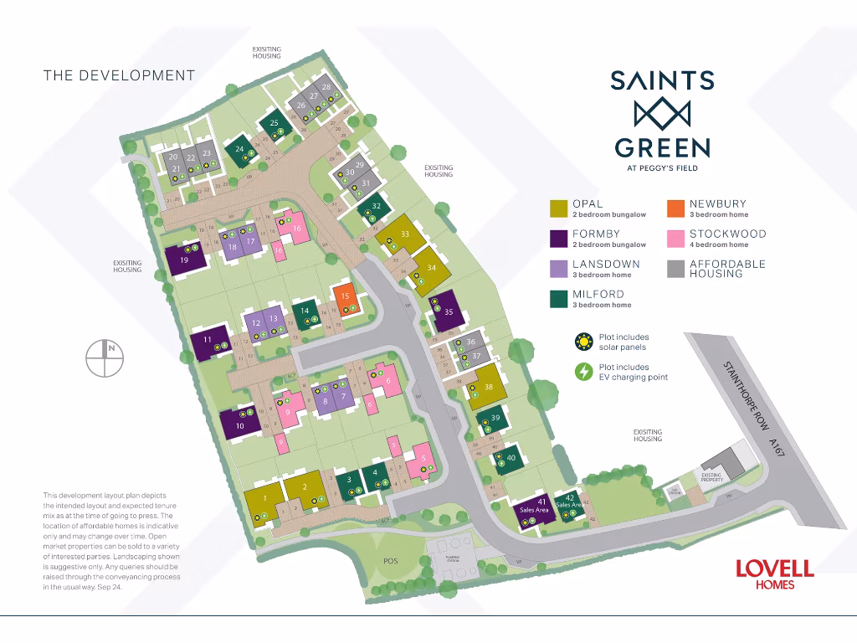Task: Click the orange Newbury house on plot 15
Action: pos(345,296)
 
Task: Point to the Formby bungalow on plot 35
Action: pos(444,311)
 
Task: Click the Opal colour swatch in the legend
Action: pos(557,208)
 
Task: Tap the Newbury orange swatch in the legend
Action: pos(675,208)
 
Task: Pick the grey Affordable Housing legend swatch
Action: pos(675,268)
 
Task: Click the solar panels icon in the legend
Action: pos(582,342)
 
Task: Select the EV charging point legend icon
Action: pos(582,372)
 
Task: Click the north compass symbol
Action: pos(105,359)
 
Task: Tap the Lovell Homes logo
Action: pos(774,574)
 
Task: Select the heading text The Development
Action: pos(119,75)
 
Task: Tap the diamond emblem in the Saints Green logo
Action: pos(661,112)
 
